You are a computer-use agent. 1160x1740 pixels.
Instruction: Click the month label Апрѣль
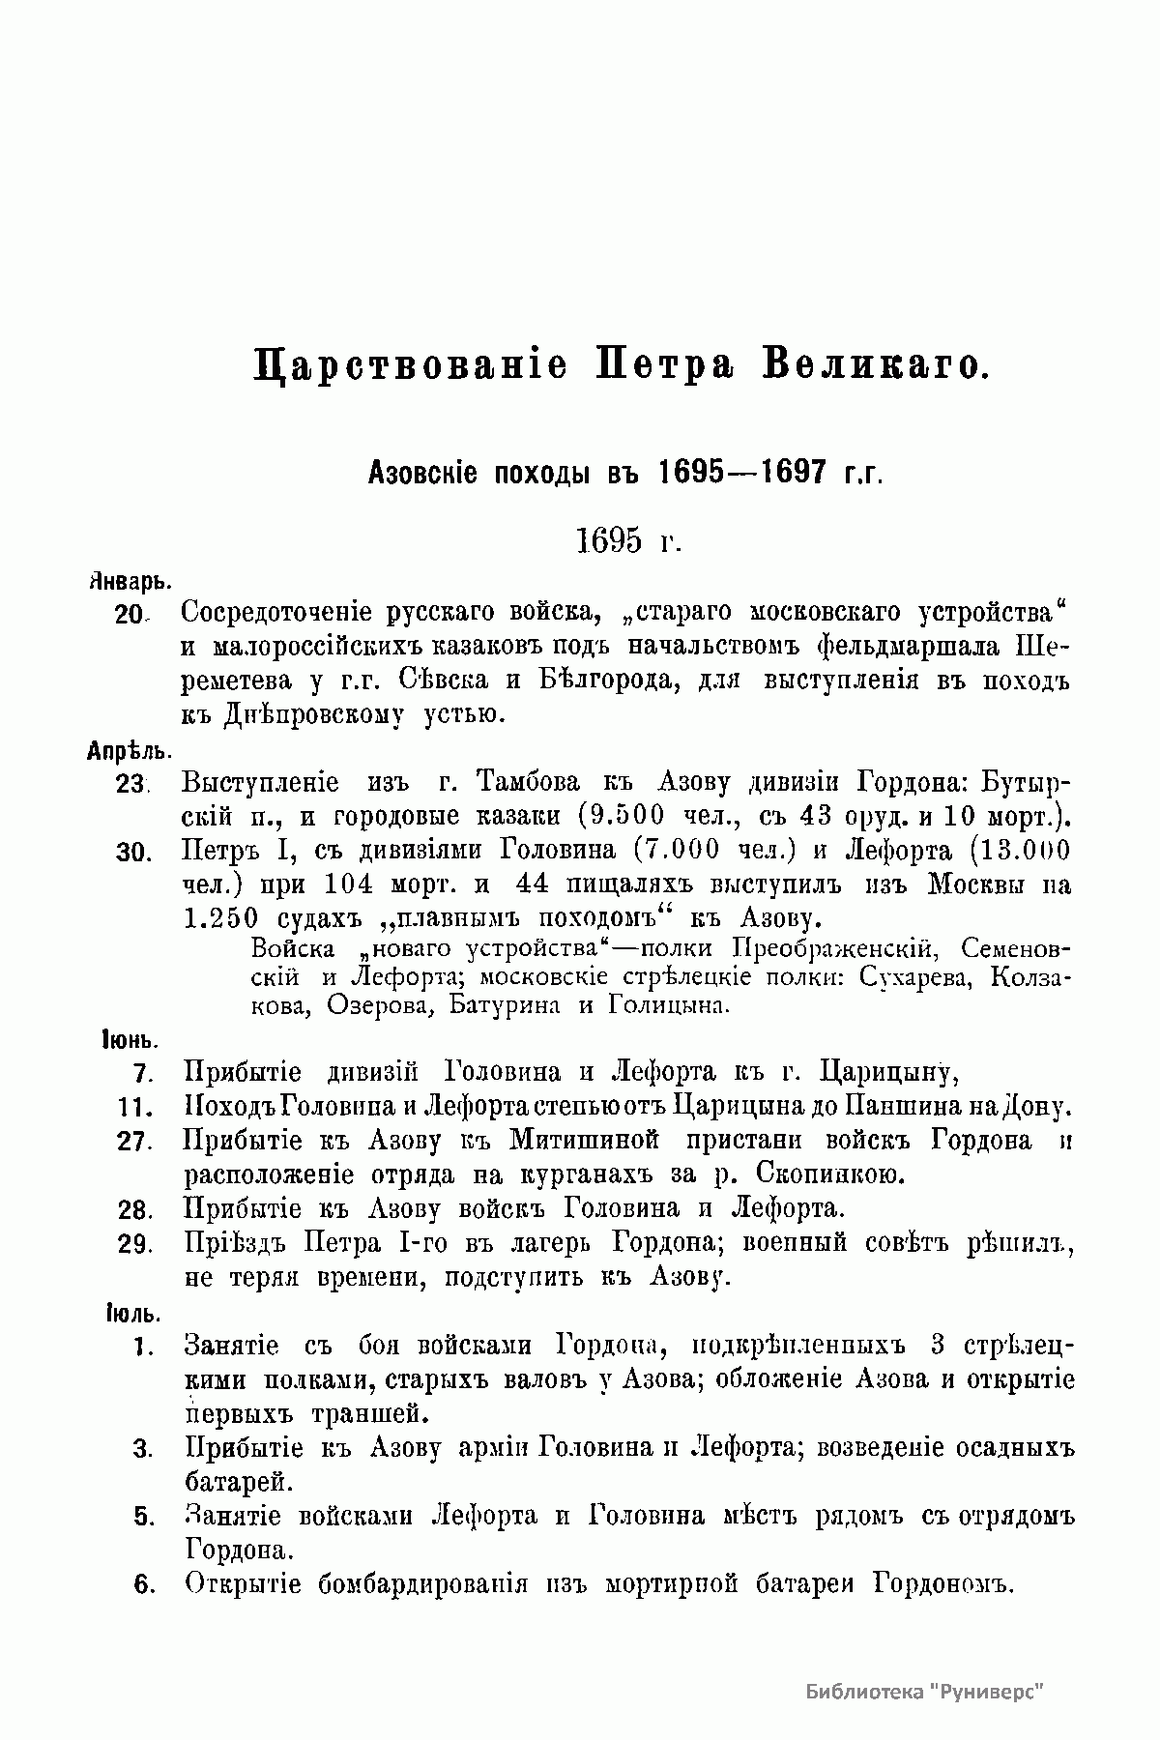(129, 750)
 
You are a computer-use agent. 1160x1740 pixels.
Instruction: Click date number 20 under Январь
(130, 615)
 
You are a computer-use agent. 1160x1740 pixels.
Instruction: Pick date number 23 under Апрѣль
(130, 784)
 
